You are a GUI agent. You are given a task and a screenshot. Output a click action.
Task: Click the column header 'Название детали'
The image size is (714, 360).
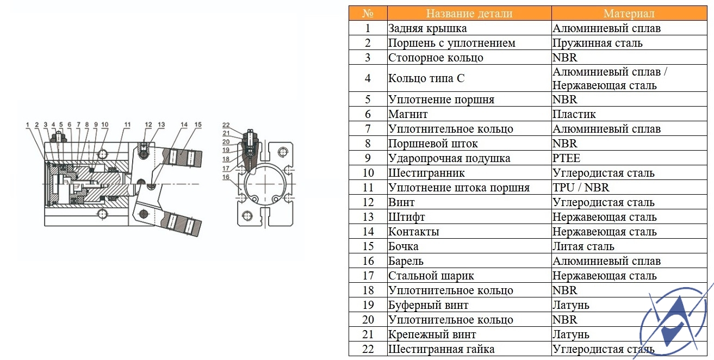coord(469,14)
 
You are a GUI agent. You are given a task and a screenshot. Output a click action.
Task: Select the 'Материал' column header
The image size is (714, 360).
coord(629,14)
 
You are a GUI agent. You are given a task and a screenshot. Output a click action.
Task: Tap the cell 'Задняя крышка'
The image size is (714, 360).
coord(427,28)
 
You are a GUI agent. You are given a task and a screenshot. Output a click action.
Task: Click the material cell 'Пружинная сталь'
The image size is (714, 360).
coord(597,43)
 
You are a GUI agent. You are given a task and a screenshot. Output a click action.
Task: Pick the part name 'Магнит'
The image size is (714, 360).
coord(408,114)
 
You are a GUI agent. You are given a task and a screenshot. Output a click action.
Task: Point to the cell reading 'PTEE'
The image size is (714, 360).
coord(566,158)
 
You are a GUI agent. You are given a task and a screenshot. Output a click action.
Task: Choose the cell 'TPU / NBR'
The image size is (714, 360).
coord(581,187)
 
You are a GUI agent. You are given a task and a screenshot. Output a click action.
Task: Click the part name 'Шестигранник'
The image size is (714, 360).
coord(426,173)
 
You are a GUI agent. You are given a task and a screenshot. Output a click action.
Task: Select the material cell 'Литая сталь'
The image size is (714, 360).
coord(583,246)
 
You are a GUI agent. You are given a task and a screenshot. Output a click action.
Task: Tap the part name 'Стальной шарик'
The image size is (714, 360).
coord(431,276)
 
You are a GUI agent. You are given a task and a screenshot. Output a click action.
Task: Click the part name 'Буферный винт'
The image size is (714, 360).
coord(429,305)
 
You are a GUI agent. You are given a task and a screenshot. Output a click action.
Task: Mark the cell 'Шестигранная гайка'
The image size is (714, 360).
coord(442,349)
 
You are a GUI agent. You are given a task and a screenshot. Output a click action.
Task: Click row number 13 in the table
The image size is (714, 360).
coord(368,217)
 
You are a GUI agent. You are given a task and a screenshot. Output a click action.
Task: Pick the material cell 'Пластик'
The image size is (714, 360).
coord(574,114)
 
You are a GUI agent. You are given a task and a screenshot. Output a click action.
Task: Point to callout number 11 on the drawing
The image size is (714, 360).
coord(127,125)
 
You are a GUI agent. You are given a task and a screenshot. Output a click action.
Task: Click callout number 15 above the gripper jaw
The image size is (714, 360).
coord(198,125)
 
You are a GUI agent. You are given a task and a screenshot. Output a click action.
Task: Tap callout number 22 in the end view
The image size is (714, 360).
coord(226,125)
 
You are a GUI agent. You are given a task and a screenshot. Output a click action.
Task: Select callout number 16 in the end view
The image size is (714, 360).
coord(226,177)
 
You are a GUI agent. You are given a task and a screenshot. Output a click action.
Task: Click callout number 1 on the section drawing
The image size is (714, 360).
coord(28,125)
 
